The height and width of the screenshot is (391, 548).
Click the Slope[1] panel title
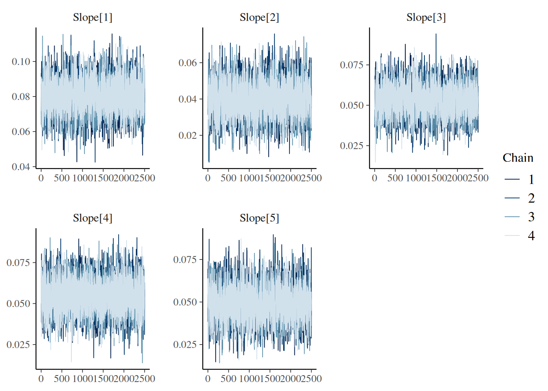click(93, 18)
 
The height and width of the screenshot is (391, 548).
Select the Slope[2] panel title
click(259, 18)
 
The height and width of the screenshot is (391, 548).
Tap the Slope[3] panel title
click(426, 18)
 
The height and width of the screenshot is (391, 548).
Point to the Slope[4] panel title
click(93, 218)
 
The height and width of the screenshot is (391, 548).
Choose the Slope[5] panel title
click(259, 218)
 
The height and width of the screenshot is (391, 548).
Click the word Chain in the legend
click(518, 158)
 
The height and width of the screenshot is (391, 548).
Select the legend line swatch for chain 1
click(512, 179)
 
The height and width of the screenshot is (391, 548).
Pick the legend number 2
click(531, 198)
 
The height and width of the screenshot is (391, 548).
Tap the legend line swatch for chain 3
click(512, 217)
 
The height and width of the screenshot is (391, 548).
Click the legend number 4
click(531, 236)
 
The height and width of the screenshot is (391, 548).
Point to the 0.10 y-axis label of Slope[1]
click(21, 62)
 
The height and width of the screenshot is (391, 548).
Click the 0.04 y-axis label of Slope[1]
click(21, 167)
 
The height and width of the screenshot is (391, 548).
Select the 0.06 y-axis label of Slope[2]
click(188, 63)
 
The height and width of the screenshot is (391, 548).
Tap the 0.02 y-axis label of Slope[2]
click(188, 135)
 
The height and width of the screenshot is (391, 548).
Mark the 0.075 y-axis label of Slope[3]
click(352, 65)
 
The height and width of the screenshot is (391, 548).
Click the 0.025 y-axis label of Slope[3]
click(352, 145)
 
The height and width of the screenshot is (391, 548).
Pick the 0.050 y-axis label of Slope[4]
click(18, 303)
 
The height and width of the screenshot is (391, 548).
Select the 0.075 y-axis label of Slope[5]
click(185, 259)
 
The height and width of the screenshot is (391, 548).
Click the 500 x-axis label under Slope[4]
click(62, 379)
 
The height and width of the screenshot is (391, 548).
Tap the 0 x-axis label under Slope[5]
click(208, 379)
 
